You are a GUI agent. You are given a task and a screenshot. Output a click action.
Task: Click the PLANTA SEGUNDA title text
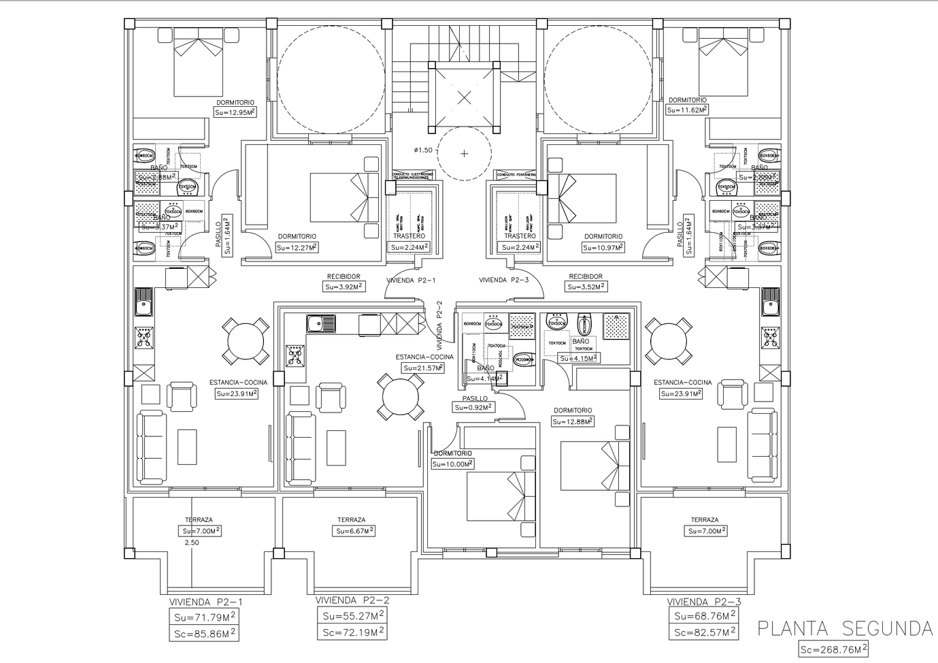click(x=845, y=628)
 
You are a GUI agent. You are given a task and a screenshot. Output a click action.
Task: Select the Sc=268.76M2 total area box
click(x=833, y=649)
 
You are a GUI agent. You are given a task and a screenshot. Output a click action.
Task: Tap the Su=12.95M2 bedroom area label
click(x=235, y=112)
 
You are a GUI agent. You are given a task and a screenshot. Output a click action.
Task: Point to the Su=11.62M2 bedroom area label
click(x=687, y=110)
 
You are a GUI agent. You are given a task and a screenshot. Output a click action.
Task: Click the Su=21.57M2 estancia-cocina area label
click(x=423, y=368)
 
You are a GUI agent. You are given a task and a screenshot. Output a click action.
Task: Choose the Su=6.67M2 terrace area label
click(x=354, y=531)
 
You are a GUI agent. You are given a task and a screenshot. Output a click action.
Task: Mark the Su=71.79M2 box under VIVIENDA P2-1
click(x=204, y=617)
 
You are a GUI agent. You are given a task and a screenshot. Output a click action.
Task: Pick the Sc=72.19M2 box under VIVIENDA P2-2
click(x=352, y=632)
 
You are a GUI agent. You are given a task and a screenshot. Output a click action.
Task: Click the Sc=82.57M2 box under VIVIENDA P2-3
click(x=705, y=632)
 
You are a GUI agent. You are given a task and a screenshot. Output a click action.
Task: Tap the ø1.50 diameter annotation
click(x=422, y=150)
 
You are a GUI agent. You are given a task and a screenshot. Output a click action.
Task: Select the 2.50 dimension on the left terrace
click(x=192, y=543)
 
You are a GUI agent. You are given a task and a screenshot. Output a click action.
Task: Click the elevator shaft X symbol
click(x=464, y=97)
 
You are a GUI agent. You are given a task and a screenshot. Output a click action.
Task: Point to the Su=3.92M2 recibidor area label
click(x=344, y=287)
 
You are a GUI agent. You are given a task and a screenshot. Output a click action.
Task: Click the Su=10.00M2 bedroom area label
click(x=452, y=464)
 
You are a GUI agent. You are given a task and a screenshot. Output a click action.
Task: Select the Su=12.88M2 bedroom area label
click(x=573, y=421)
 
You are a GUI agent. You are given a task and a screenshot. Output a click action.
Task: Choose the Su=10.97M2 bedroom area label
click(x=603, y=248)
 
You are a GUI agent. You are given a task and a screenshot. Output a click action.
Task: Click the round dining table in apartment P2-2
click(x=401, y=397)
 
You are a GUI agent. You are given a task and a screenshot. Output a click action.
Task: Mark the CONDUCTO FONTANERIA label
click(x=516, y=174)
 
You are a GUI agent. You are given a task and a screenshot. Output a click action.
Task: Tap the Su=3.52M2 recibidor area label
click(x=586, y=287)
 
